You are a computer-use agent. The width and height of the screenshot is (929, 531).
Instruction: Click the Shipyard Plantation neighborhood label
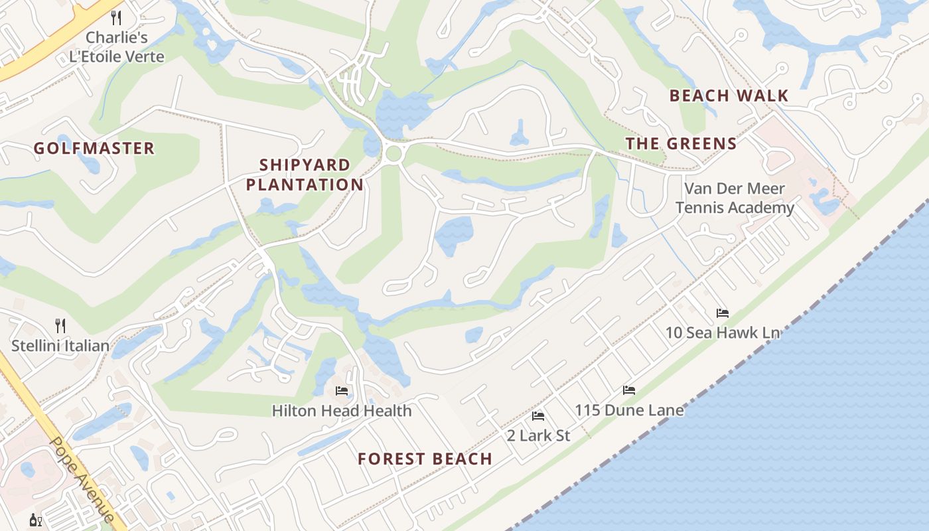305,175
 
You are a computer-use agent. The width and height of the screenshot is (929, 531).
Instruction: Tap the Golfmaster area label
94,148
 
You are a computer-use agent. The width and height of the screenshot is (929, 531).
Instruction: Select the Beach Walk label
729,96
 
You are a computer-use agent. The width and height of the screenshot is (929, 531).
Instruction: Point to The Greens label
681,143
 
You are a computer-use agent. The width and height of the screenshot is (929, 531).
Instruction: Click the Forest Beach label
425,459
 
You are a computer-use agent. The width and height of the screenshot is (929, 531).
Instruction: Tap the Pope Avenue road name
82,479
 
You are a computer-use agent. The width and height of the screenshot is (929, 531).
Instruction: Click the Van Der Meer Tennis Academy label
735,198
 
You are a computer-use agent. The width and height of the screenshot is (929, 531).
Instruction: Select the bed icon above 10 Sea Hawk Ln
722,313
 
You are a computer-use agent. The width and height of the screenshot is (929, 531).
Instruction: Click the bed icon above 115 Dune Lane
628,390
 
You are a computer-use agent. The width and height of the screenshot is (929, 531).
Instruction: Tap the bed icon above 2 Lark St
538,416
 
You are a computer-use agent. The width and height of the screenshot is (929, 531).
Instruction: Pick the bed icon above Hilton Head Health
342,390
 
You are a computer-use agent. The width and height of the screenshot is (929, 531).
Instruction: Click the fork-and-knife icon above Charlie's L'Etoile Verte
116,17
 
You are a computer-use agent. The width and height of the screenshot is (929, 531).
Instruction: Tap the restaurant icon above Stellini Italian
60,325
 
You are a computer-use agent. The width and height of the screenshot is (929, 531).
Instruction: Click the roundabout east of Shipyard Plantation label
393,153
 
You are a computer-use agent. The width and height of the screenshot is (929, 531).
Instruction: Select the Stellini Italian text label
60,346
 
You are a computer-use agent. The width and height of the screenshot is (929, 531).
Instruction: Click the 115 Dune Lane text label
629,410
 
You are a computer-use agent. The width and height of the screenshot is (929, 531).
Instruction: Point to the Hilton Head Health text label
342,411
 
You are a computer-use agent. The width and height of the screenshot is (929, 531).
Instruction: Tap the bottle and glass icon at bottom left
36,520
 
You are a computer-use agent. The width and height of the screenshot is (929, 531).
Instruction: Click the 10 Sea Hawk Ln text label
722,333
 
